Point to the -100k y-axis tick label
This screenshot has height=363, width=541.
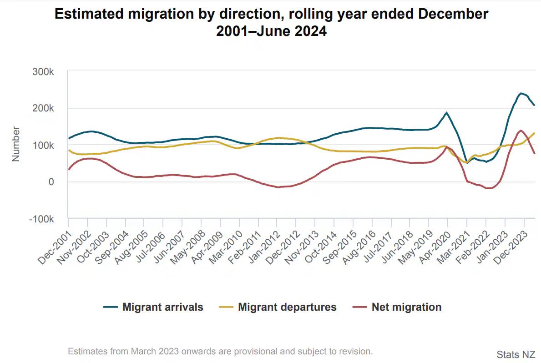pyautogui.click(x=41, y=219)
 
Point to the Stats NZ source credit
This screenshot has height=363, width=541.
pyautogui.click(x=516, y=354)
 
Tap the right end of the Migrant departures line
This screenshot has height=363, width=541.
pyautogui.click(x=535, y=133)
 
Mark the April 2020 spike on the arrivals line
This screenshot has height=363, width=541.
pyautogui.click(x=447, y=112)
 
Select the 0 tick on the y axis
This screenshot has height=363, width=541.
pyautogui.click(x=51, y=182)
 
